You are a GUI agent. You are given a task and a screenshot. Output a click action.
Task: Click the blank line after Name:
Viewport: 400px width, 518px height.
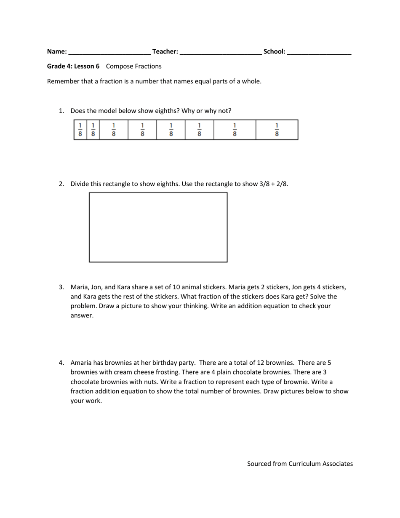(x=109, y=53)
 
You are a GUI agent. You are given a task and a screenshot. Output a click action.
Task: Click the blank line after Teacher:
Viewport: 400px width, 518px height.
(x=221, y=53)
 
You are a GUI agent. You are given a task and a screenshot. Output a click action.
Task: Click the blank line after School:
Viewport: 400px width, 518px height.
(x=319, y=53)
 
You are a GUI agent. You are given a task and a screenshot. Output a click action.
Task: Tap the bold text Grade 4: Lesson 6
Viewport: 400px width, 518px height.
(x=73, y=66)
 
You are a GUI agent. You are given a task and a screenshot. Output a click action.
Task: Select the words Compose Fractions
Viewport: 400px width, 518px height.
(x=134, y=66)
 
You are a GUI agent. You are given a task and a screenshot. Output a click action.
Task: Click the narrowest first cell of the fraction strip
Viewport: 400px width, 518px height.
(x=80, y=130)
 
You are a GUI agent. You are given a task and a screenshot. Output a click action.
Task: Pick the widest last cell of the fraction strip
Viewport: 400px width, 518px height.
(x=277, y=130)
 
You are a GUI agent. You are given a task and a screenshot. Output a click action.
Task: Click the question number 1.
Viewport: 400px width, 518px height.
(x=61, y=111)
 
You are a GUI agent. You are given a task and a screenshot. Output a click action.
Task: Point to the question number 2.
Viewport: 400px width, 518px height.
(x=61, y=184)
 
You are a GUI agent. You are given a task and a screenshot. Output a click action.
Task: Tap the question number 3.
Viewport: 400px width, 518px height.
(x=61, y=287)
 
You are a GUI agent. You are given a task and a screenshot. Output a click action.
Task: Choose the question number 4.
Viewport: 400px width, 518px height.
(x=61, y=363)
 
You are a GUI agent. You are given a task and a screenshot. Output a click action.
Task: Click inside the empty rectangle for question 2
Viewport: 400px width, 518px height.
(x=158, y=227)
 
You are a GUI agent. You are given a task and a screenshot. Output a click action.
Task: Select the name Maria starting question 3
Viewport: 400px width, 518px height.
(x=80, y=287)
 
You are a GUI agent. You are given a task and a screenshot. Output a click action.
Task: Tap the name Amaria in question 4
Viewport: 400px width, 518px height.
(x=82, y=363)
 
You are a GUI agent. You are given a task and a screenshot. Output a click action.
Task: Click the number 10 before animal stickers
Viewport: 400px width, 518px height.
(x=176, y=287)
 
